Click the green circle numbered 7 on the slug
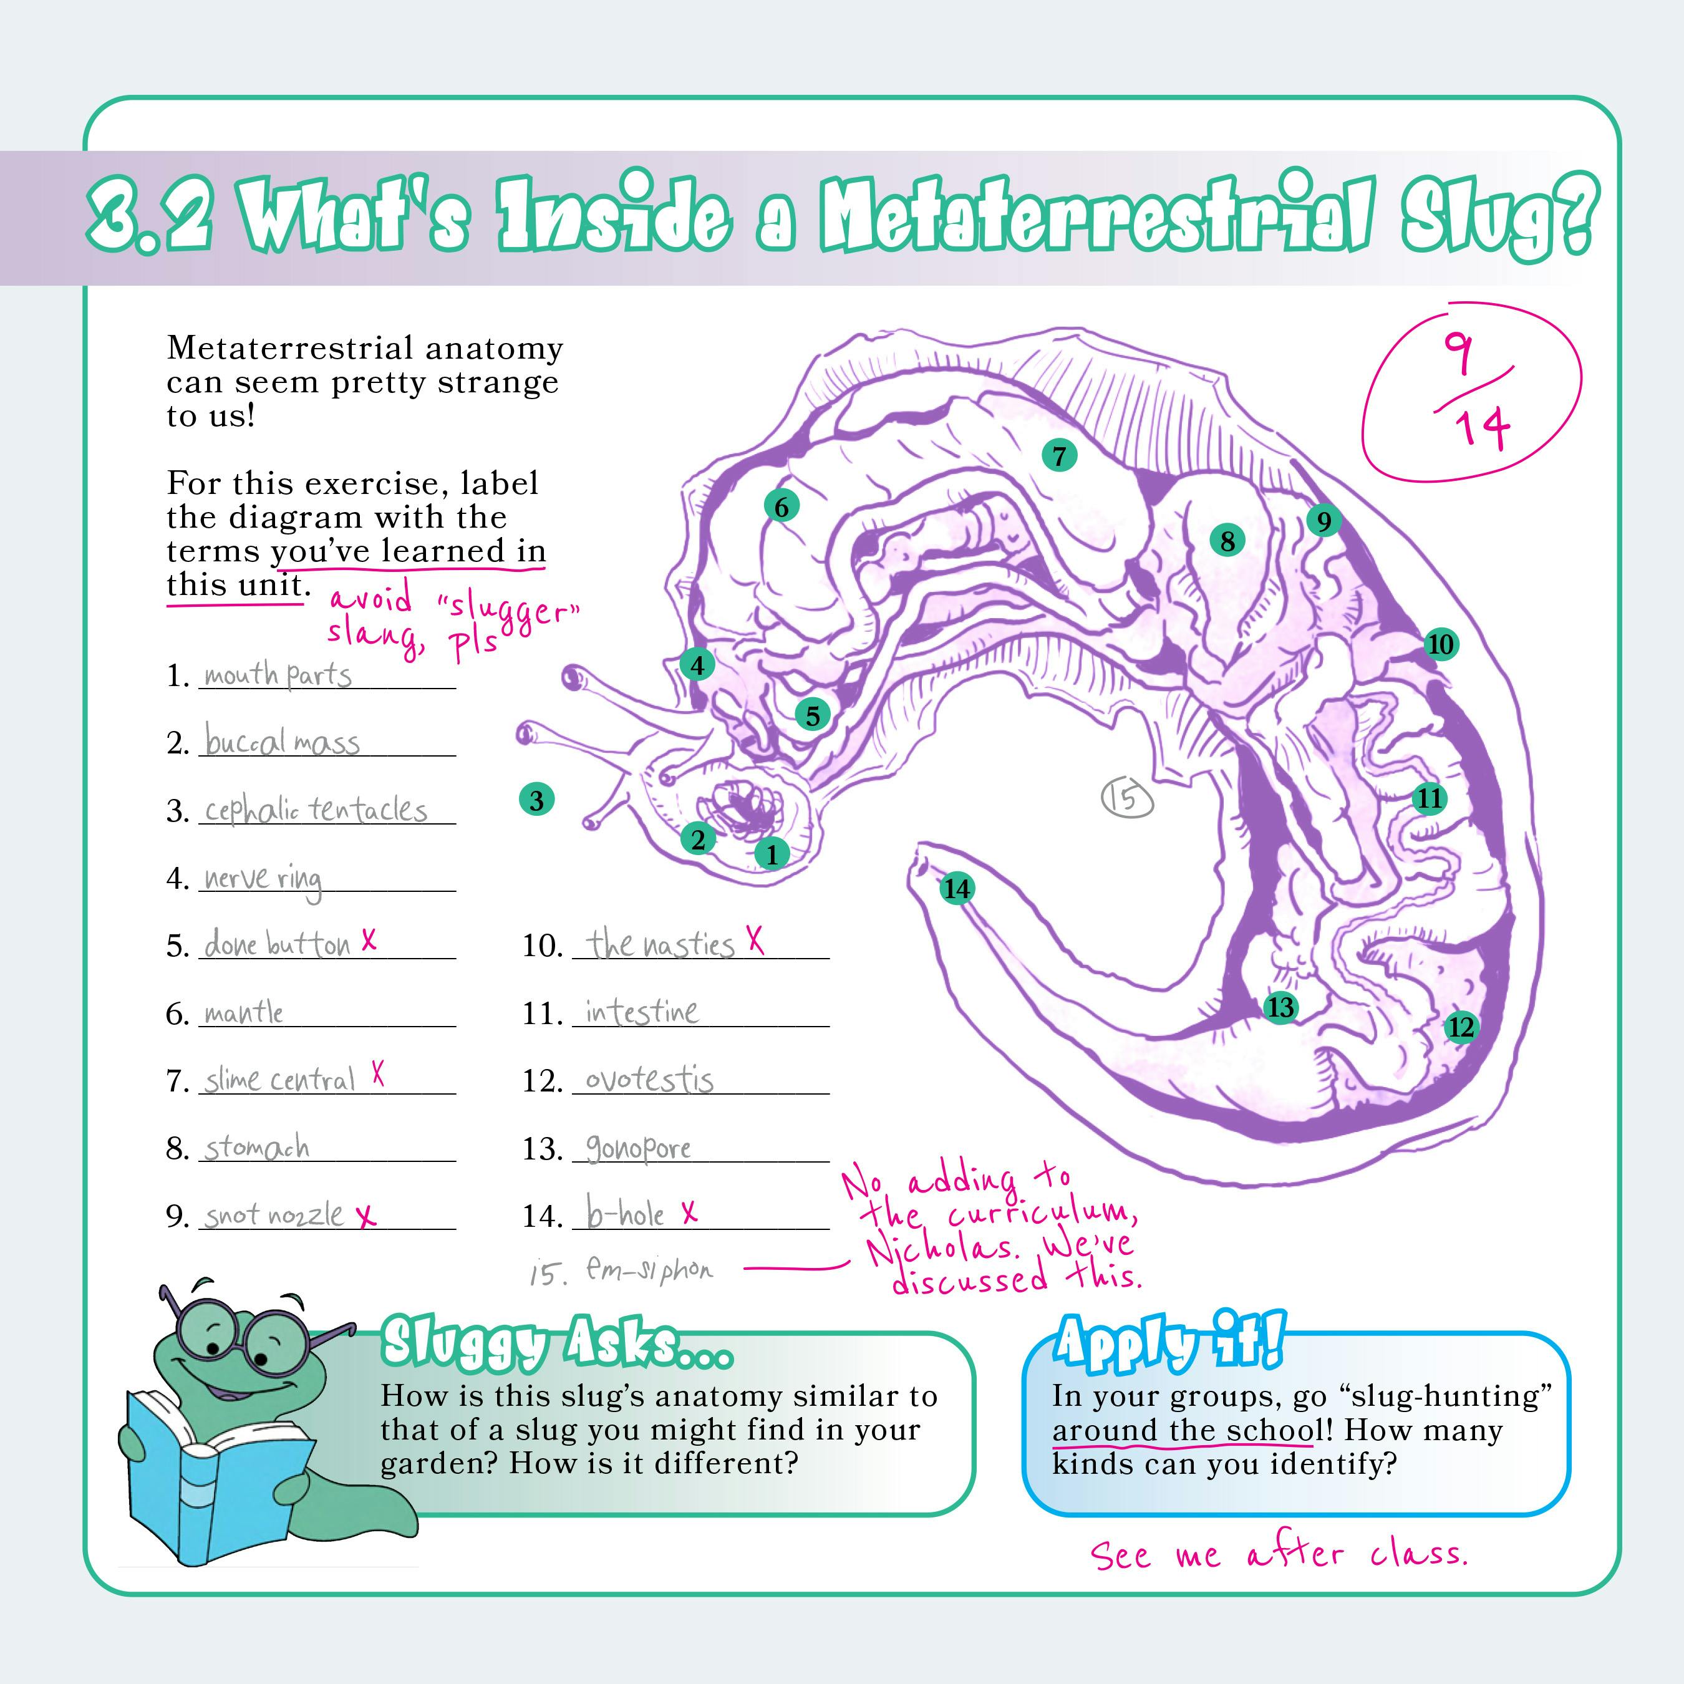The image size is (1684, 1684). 1059,455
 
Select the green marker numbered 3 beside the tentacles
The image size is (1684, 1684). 537,800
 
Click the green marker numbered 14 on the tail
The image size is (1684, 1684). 956,888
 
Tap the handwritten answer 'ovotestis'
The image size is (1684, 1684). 649,1079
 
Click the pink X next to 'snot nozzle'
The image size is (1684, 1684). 367,1216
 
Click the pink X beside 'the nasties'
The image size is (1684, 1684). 755,941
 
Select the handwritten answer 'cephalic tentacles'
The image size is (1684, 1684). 316,811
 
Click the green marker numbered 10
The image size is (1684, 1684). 1441,644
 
